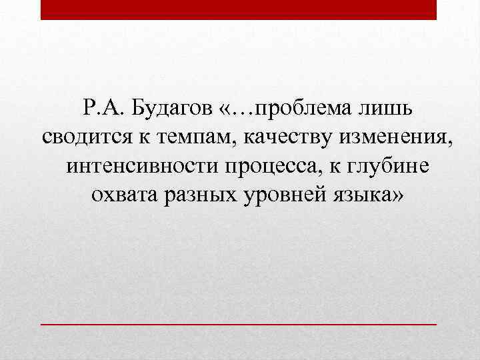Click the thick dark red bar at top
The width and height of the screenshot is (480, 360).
coord(239,9)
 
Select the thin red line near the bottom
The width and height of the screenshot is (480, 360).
coord(239,323)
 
